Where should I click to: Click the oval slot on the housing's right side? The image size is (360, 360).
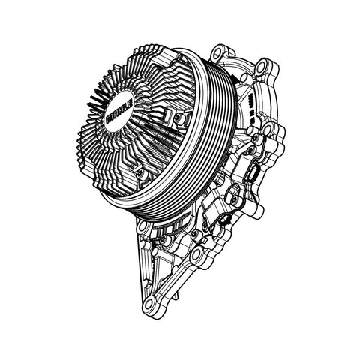click(253, 174)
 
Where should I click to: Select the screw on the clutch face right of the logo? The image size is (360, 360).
click(177, 118)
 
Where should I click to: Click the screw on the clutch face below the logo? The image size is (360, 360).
click(140, 174)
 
